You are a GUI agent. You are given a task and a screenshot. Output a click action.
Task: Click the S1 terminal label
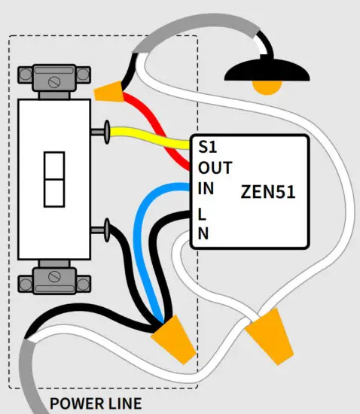click(206, 146)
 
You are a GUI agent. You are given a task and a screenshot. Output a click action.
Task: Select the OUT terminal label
click(215, 167)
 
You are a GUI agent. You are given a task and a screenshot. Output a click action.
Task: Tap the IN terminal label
click(206, 188)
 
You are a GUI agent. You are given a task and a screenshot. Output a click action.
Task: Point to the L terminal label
click(202, 212)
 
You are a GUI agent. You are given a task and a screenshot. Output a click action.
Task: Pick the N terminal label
click(203, 233)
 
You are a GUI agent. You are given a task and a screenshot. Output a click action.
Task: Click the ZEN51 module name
click(267, 190)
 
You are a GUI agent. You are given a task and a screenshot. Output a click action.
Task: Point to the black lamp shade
click(267, 71)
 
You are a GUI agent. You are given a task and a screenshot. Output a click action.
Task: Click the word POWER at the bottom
click(75, 404)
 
